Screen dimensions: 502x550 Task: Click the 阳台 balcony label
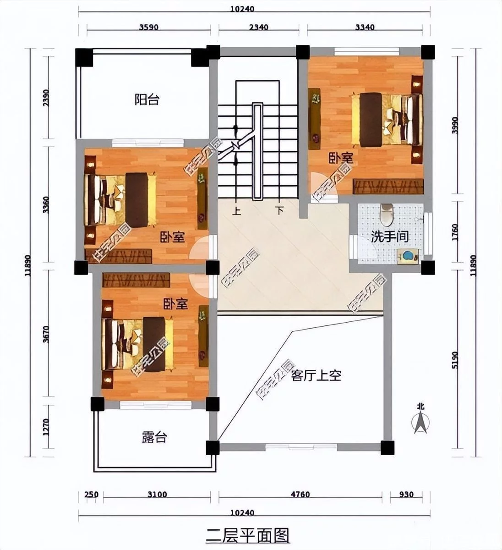coord(147,99)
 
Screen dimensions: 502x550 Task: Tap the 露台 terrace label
coord(154,437)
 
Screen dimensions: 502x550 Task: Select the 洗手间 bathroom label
coord(390,236)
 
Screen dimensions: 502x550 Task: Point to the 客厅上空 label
coord(316,375)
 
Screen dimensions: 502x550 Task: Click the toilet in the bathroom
coord(387,214)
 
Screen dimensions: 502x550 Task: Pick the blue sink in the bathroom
coord(408,256)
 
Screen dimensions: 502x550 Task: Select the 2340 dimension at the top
coord(259,27)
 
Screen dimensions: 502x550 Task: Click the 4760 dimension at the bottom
coord(300,495)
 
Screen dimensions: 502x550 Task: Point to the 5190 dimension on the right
coord(455,360)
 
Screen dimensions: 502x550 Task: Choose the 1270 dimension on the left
coord(46,427)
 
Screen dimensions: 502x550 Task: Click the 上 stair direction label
coord(236,211)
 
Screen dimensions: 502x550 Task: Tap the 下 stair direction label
coord(279,210)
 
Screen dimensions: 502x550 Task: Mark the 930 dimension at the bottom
coord(406,495)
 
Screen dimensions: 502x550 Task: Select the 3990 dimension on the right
coord(455,125)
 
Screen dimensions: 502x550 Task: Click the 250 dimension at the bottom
coord(91,495)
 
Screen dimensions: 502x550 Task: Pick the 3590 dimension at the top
coord(149,27)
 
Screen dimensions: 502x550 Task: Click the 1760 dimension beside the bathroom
coord(455,232)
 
